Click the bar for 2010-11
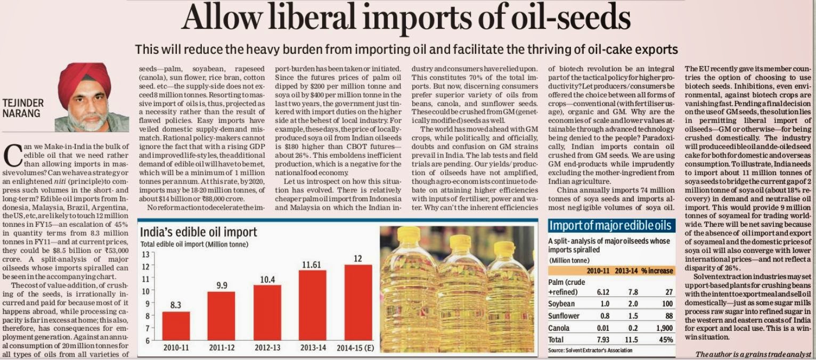tap(176, 325)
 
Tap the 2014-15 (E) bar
tap(357, 302)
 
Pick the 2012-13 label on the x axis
tap(267, 348)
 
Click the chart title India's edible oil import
tap(199, 232)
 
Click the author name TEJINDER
tap(23, 103)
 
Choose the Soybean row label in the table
tap(561, 304)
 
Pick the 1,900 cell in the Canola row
tap(663, 327)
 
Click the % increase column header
tap(657, 271)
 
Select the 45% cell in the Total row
tap(666, 339)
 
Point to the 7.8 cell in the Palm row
tap(631, 292)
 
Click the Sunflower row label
tap(564, 315)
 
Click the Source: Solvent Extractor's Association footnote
tap(590, 350)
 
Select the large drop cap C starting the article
tap(12, 155)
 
